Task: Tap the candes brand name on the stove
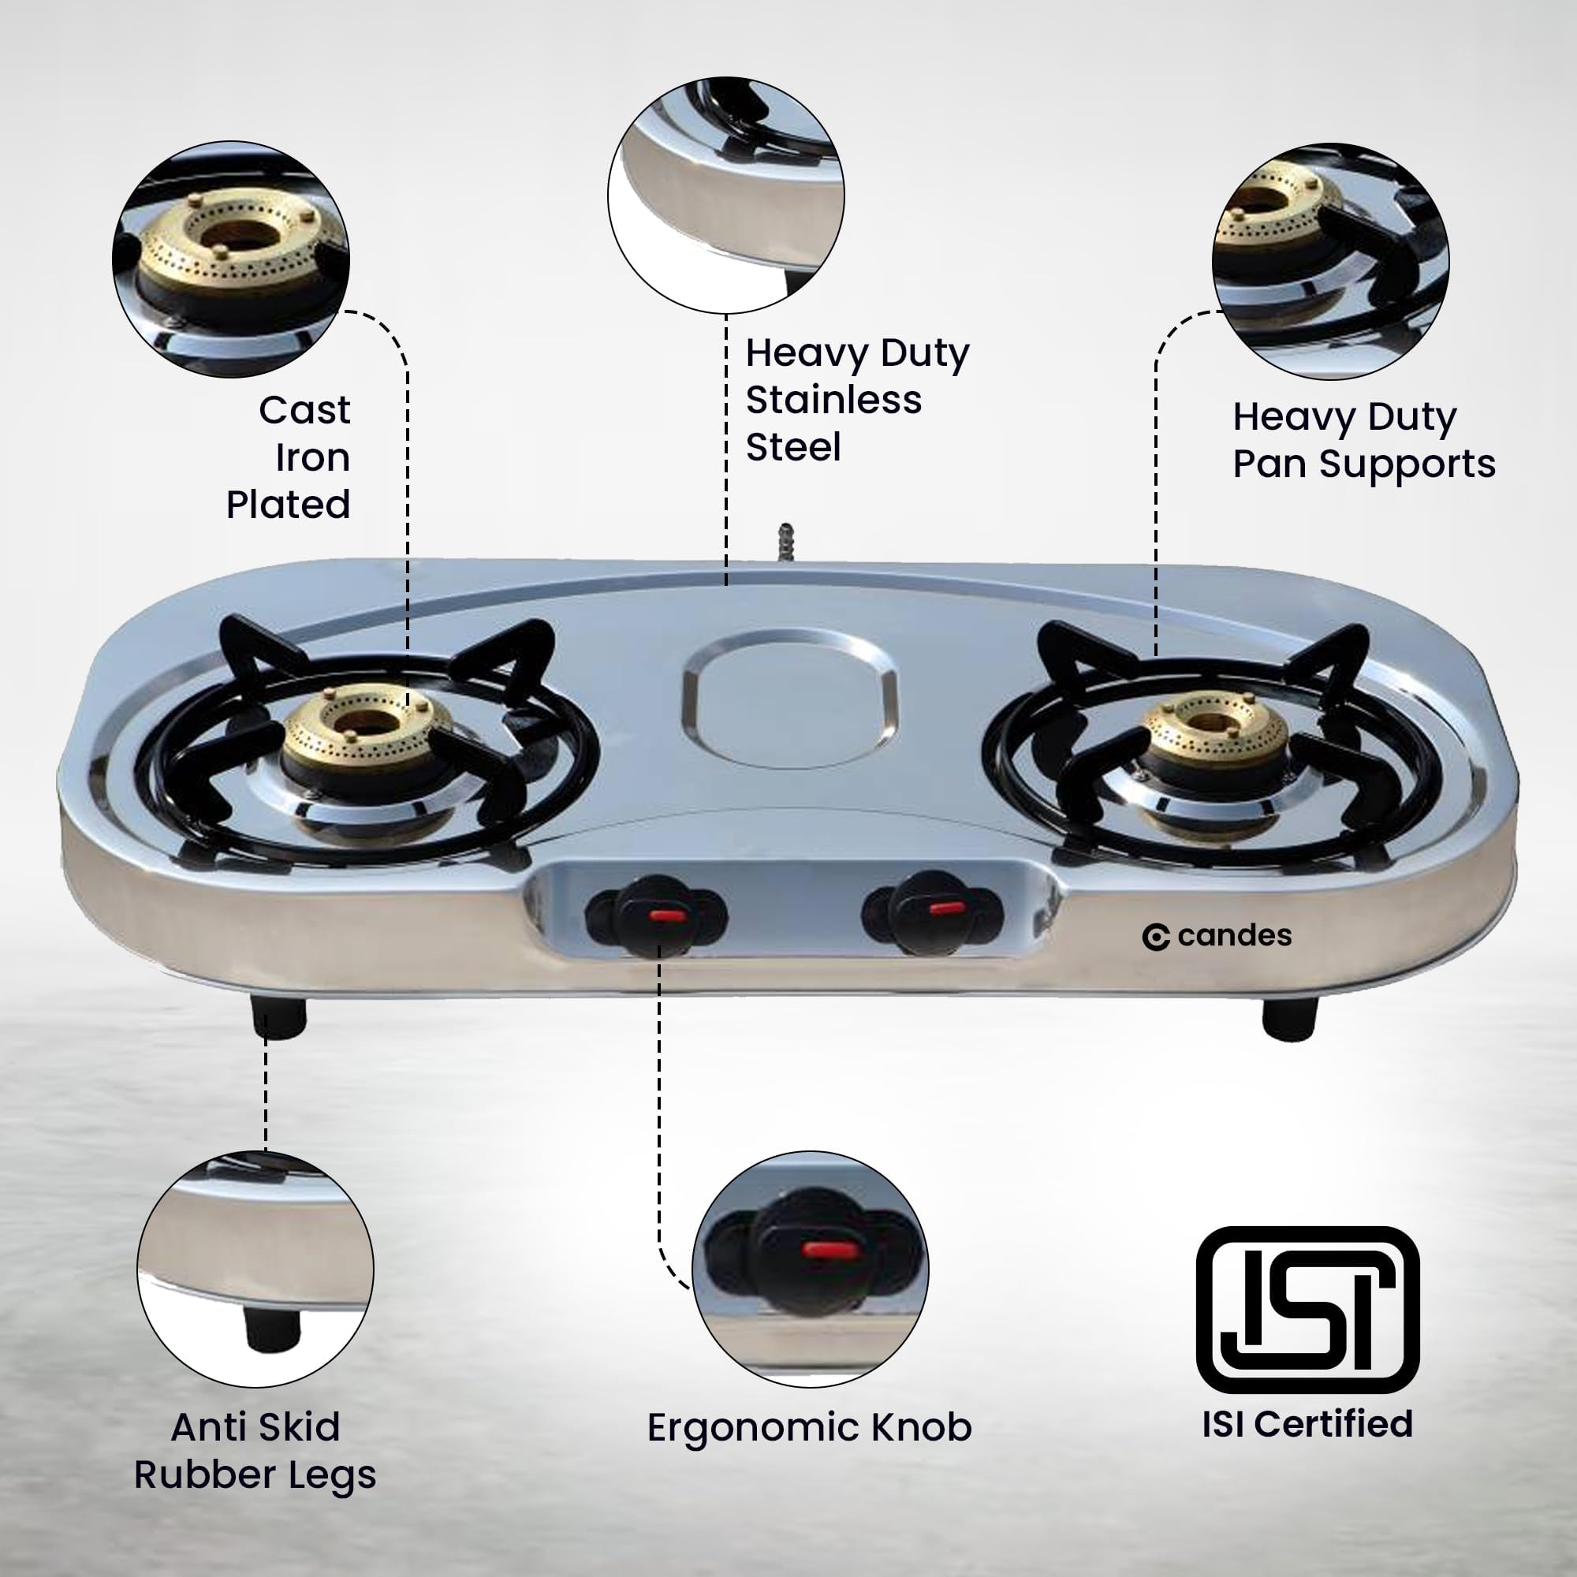click(1216, 935)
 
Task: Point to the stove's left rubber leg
click(279, 1015)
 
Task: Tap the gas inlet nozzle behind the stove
click(785, 542)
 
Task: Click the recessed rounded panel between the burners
click(788, 697)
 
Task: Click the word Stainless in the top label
click(833, 400)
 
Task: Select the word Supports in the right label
click(1407, 465)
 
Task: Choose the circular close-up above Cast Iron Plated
click(231, 259)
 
